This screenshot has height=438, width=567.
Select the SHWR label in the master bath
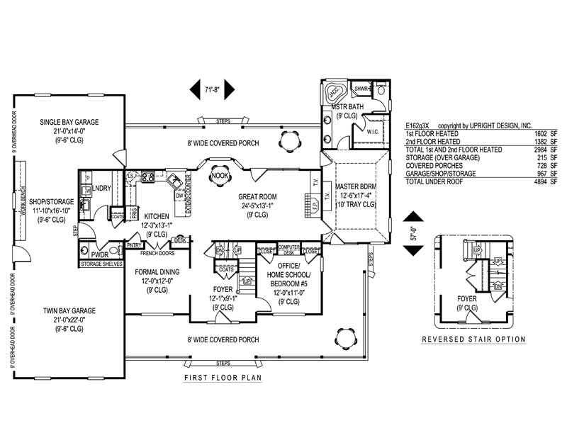pyautogui.click(x=361, y=89)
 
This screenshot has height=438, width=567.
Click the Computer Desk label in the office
pyautogui.click(x=288, y=249)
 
